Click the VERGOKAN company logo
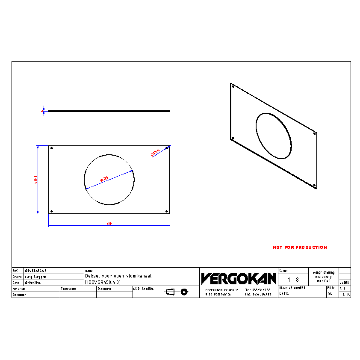(x=239, y=278)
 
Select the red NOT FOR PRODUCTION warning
(x=300, y=247)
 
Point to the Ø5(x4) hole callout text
(x=155, y=152)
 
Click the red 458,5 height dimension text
(x=36, y=180)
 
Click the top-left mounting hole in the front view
(x=52, y=148)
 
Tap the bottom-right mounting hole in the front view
(x=166, y=211)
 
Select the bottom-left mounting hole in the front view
(x=52, y=211)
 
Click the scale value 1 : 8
(x=293, y=280)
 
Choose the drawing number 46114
(x=284, y=294)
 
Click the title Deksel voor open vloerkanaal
(x=118, y=276)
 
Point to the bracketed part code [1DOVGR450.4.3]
(x=103, y=282)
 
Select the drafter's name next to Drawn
(x=35, y=277)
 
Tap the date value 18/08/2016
(x=32, y=283)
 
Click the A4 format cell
(x=330, y=294)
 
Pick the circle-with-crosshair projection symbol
(x=184, y=292)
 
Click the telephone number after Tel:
(x=261, y=290)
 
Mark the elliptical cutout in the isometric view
(x=274, y=136)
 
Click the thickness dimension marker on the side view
(x=43, y=111)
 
